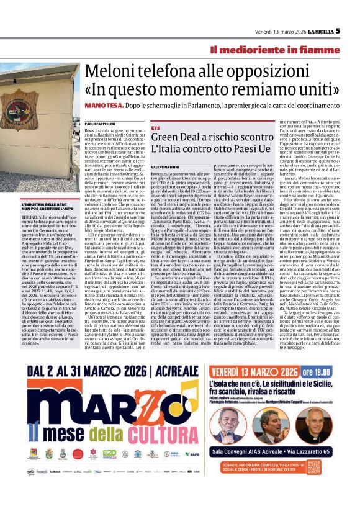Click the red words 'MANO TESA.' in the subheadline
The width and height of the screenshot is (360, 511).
pyautogui.click(x=104, y=106)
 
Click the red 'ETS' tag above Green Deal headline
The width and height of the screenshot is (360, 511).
pyautogui.click(x=155, y=127)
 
